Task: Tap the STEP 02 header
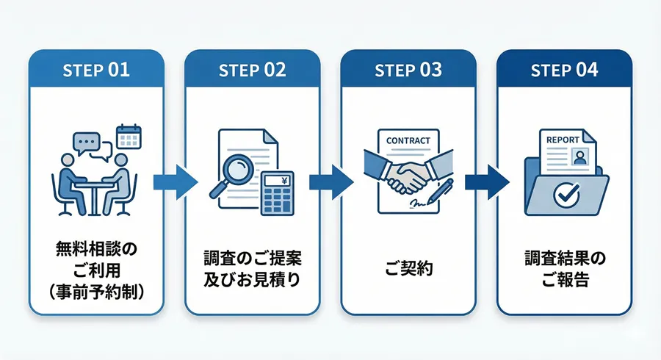(253, 71)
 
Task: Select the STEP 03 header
(408, 71)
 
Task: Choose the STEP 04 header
(564, 71)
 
